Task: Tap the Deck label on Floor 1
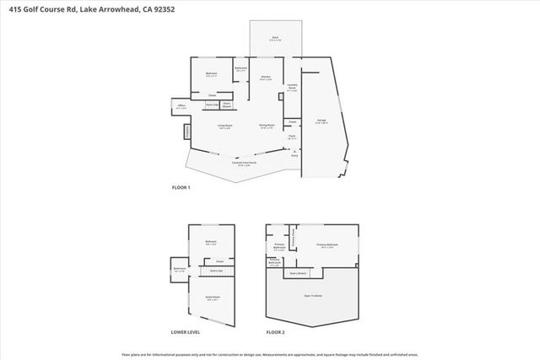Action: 274,38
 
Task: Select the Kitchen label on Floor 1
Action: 265,78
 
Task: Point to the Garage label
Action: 321,122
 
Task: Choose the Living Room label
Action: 225,126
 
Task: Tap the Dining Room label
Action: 266,126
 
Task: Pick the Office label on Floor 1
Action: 181,107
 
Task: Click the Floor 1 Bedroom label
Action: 212,75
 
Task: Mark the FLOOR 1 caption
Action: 181,187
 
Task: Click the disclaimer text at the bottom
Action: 270,354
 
